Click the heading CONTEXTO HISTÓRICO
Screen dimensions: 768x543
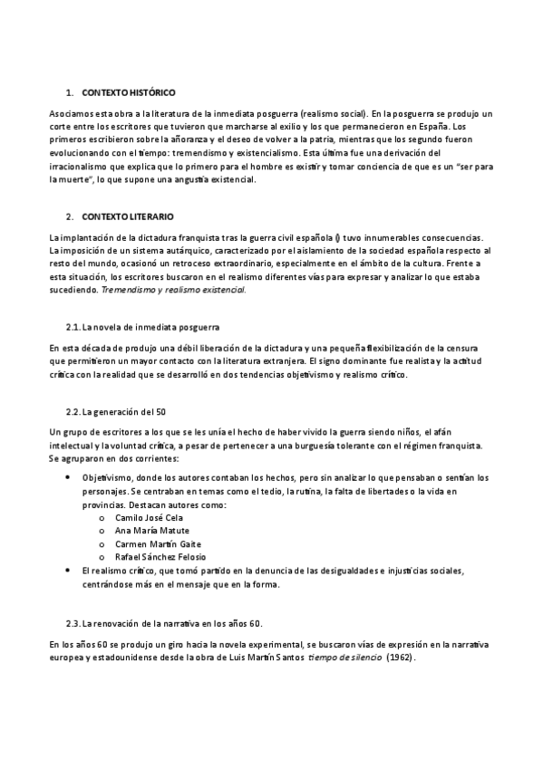click(128, 92)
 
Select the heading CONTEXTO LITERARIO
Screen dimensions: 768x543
click(126, 216)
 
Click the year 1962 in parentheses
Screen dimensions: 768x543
click(399, 658)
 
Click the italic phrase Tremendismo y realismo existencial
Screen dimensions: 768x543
click(173, 291)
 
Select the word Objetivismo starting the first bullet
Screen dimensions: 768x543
click(106, 477)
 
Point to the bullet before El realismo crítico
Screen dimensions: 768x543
click(71, 571)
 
